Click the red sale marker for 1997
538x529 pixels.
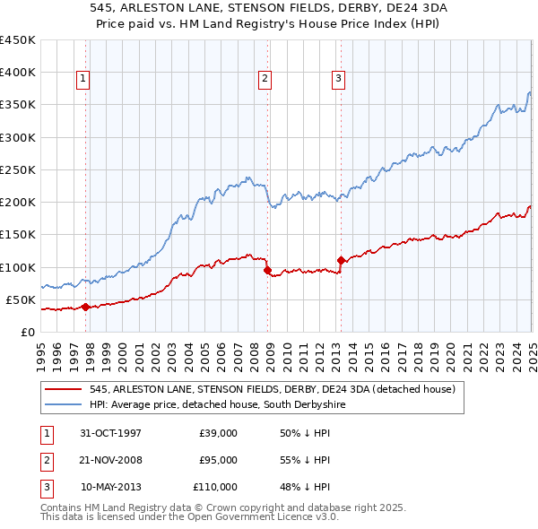85,307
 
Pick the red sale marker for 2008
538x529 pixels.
268,270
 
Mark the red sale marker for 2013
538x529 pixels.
341,260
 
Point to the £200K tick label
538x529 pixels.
17,202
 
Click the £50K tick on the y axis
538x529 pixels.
21,299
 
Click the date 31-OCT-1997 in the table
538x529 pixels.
110,433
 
